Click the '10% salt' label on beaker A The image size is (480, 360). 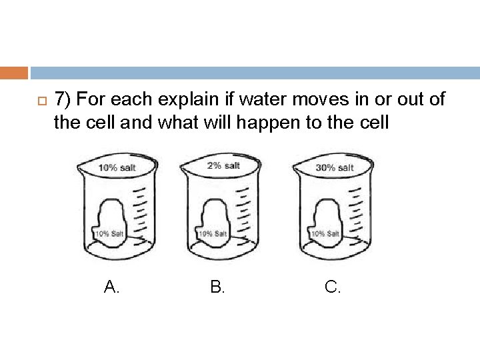click(117, 167)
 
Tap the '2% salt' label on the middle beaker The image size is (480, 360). click(223, 165)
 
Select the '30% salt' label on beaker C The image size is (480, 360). click(335, 167)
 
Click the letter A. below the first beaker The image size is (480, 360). click(112, 287)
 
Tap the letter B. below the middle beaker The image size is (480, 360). click(217, 287)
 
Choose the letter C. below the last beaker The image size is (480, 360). click(333, 287)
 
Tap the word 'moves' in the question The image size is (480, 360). click(309, 99)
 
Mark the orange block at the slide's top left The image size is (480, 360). click(14, 73)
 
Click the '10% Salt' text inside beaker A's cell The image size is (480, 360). click(109, 233)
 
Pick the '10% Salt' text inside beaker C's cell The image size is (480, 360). click(326, 234)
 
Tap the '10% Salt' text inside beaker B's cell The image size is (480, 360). click(214, 234)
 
